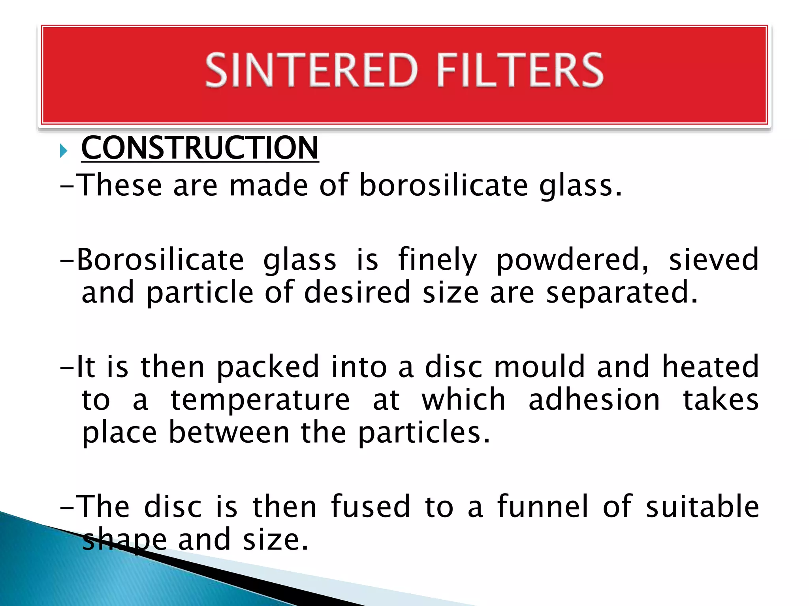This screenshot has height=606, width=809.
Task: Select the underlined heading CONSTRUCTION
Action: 199,148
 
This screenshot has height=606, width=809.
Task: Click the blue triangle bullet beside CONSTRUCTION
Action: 64,151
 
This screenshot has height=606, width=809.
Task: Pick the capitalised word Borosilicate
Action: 160,260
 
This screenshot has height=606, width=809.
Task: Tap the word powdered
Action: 572,260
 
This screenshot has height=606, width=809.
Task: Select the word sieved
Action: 713,260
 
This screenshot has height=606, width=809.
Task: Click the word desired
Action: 357,292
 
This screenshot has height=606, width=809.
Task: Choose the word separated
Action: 621,293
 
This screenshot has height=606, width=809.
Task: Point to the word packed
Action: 268,367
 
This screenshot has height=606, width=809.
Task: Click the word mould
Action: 539,367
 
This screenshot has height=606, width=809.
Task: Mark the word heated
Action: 710,367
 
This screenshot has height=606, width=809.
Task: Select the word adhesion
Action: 594,400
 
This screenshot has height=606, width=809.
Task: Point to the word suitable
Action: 702,506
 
